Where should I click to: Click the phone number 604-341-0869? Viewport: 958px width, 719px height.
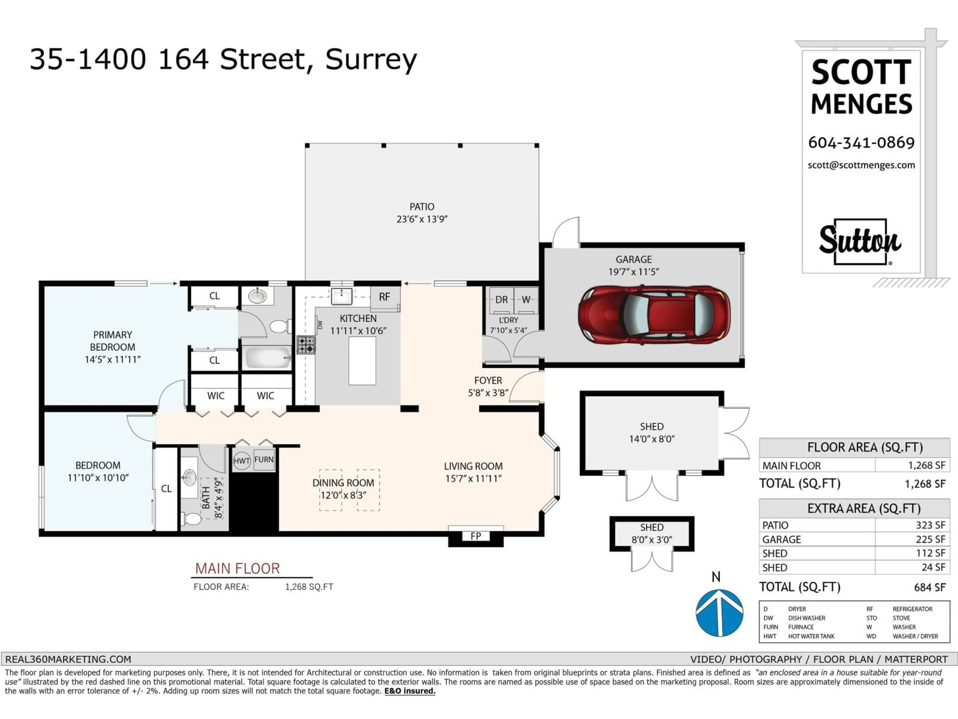pos(861,143)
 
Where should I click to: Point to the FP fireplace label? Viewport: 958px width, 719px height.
pos(476,536)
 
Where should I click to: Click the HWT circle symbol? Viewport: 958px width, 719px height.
pos(242,461)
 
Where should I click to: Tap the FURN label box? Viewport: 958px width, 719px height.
pos(264,459)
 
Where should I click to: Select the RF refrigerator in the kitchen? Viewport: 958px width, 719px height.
pos(385,297)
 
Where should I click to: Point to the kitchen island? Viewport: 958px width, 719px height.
pos(362,360)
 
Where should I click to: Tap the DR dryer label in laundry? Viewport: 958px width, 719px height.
pos(501,300)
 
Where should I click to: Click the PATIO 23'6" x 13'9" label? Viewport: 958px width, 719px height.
pos(422,213)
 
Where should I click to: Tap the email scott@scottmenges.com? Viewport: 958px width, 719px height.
pos(861,165)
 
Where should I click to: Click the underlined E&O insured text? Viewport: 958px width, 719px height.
pos(410,691)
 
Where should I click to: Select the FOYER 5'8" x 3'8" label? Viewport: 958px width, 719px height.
pos(488,386)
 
